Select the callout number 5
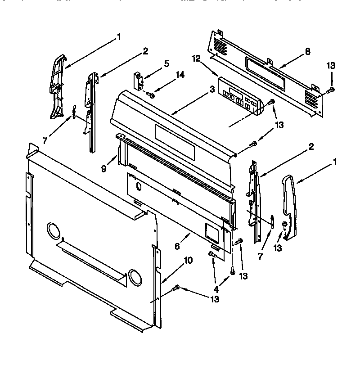click(x=167, y=63)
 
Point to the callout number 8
click(x=307, y=51)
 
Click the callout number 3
click(x=211, y=90)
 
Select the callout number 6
click(x=177, y=246)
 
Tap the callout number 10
click(x=188, y=260)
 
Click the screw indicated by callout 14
click(x=151, y=95)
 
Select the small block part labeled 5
click(x=138, y=80)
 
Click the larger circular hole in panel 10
click(x=53, y=231)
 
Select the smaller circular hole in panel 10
click(x=134, y=275)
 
